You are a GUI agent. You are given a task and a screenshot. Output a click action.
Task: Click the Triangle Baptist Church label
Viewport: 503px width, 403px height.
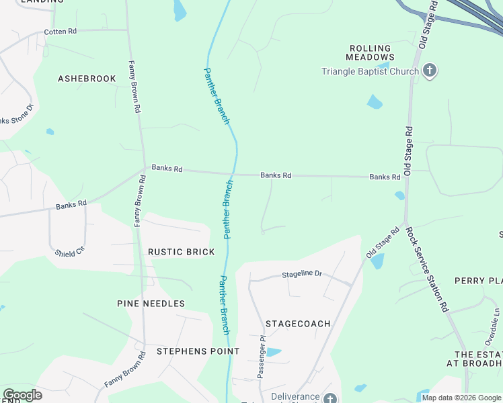coord(370,71)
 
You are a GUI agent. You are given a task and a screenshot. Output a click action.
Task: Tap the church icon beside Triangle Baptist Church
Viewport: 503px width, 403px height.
coord(430,71)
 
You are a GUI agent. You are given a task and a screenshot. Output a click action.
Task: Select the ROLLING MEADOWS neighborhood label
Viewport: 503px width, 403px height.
coord(371,52)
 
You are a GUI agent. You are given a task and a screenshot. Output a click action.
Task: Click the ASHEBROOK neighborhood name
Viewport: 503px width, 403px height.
coord(87,79)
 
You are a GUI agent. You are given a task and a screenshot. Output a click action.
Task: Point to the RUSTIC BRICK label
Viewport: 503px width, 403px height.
coord(181,252)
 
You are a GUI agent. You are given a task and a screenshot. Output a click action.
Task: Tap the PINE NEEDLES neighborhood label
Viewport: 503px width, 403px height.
coord(151,304)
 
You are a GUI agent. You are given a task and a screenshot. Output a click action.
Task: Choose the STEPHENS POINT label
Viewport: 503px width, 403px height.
coord(198,351)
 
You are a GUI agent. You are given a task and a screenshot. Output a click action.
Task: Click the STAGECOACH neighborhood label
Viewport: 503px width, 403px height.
coord(298,324)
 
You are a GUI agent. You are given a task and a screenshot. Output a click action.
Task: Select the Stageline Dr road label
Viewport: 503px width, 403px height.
coord(302,274)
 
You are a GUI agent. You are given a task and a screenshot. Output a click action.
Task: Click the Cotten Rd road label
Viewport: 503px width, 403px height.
coord(61,32)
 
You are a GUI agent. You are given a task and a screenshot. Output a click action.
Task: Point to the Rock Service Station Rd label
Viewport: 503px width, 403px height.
coord(426,269)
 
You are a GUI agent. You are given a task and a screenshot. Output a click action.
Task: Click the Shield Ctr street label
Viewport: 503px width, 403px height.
coord(70,251)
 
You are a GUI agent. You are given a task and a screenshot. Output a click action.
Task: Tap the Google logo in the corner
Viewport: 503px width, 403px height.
coord(22,395)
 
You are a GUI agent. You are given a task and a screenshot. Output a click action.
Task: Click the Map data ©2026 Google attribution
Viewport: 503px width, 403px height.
coord(461,398)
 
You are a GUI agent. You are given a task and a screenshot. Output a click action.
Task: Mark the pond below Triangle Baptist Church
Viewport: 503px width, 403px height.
coord(374,102)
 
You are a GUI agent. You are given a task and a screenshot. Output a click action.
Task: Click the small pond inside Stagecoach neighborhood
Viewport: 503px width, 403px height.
coord(273,352)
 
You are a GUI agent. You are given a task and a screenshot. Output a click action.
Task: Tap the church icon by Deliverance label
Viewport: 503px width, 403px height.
coord(330,399)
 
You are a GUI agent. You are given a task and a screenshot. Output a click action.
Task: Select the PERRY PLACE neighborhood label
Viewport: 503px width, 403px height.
coord(478,281)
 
